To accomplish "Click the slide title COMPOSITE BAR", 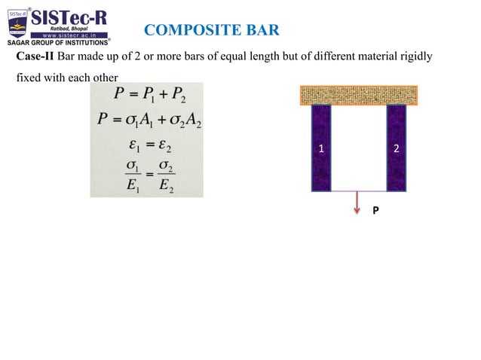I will point(211,30).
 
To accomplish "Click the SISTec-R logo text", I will point(69,17).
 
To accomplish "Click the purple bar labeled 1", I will point(321,148).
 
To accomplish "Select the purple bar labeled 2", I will point(397,148).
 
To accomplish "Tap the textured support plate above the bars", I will point(359,95).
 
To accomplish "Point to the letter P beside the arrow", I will point(375,212).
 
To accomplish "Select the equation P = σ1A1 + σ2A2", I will point(148,120).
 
